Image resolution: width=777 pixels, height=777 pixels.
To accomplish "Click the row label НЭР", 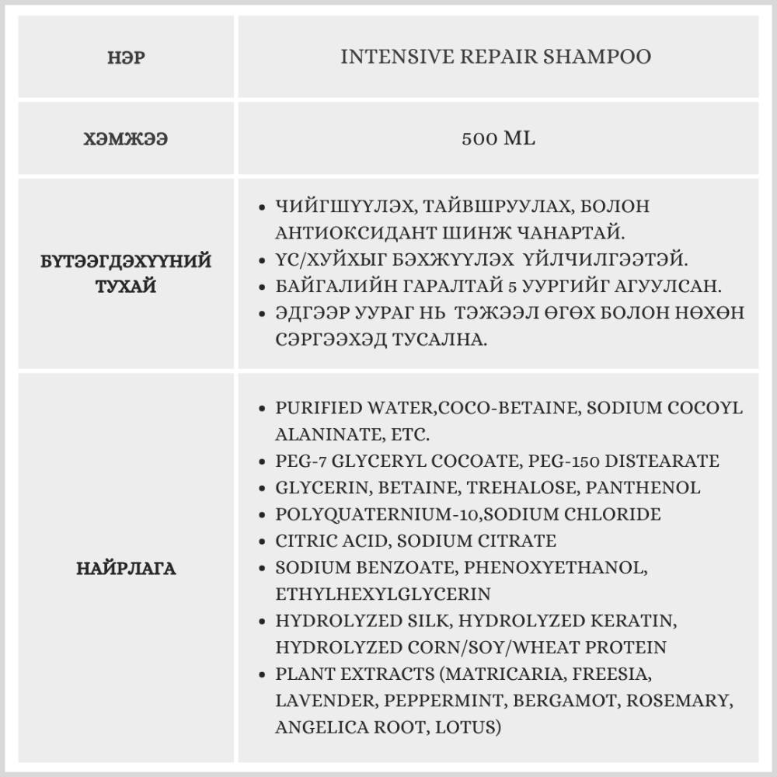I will click(x=126, y=58).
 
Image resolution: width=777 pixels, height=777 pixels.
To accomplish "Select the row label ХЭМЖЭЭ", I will click(x=126, y=140).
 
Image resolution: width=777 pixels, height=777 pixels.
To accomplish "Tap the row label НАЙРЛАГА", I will click(x=127, y=568).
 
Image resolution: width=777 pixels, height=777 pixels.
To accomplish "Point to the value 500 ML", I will click(x=498, y=139).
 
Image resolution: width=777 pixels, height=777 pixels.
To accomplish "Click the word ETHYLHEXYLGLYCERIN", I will click(x=383, y=594).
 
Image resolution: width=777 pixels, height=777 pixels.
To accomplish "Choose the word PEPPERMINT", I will click(x=442, y=701).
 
